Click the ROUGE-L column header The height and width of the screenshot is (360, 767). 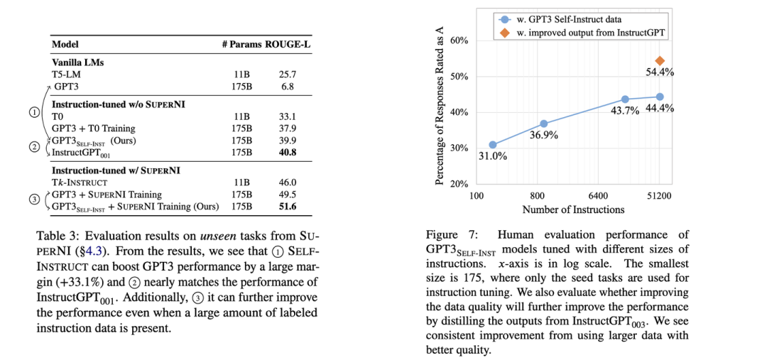click(289, 45)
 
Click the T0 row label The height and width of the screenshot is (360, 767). click(58, 116)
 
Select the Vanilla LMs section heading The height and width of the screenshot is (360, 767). click(79, 62)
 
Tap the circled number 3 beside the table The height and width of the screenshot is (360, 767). click(34, 200)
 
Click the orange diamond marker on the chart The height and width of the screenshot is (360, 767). click(660, 61)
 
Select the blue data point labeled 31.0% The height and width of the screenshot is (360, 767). click(493, 145)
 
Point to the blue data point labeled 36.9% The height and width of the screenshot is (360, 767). click(544, 124)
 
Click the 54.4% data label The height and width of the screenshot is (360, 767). click(659, 72)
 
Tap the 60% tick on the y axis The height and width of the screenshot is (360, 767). click(459, 41)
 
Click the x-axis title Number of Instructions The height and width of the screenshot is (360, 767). click(573, 209)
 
